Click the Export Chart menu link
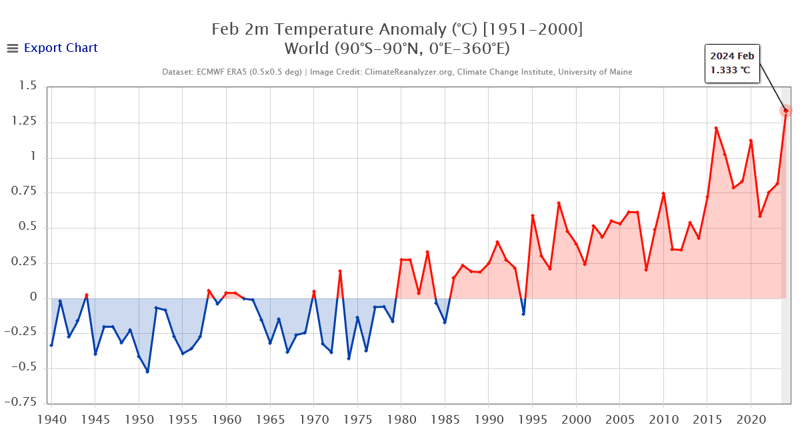60,48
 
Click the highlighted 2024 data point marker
785,111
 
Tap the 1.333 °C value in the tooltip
731,70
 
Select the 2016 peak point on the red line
716,128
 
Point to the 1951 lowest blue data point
147,371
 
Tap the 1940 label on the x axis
51,420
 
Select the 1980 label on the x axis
401,420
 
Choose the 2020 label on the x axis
751,420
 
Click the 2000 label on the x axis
576,420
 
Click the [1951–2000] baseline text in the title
533,29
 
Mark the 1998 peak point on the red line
559,203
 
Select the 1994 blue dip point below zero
523,314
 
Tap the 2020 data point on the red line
751,141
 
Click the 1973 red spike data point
340,271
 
